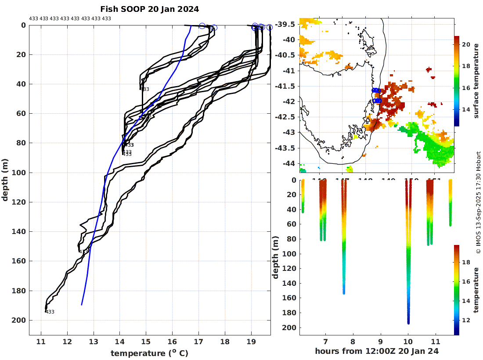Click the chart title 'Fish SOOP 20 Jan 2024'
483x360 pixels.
pos(149,9)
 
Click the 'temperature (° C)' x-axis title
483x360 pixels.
pos(149,353)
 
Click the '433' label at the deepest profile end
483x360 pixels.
pos(50,312)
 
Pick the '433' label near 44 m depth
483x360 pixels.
pos(145,90)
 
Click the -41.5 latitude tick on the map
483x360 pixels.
pos(287,86)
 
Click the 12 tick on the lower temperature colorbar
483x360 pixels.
pos(466,320)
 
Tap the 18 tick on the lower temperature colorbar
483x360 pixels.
pos(466,263)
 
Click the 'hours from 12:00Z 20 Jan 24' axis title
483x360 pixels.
pos(377,351)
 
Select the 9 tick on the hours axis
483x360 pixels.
pos(380,342)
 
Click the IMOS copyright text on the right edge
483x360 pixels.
pos(479,202)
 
